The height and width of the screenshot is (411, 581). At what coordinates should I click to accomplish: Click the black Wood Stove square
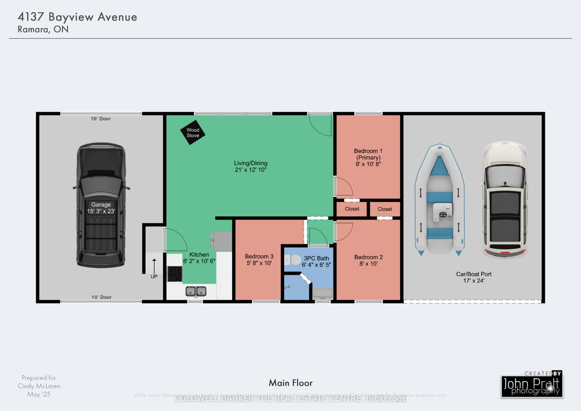193,132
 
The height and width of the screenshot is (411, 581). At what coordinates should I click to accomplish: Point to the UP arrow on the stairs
154,266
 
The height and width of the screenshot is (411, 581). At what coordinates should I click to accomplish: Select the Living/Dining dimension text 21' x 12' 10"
251,170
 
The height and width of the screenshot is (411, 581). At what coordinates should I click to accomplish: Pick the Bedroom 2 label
368,257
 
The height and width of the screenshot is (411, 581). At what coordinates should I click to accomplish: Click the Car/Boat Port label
474,274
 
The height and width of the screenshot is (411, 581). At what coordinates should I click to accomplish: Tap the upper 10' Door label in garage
101,119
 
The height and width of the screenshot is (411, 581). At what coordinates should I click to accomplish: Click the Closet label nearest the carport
385,209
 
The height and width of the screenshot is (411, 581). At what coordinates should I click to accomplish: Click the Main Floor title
290,383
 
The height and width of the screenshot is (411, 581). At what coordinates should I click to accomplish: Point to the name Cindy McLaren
39,386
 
